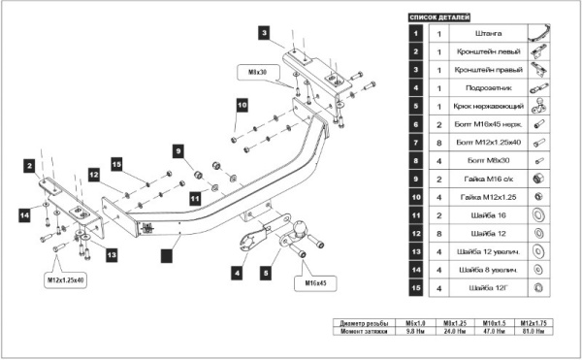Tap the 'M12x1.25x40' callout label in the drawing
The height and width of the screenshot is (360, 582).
[65, 279]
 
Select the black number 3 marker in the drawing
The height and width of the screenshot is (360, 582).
[264, 33]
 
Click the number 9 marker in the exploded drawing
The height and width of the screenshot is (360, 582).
[178, 150]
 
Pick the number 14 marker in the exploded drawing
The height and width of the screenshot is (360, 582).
[24, 213]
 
